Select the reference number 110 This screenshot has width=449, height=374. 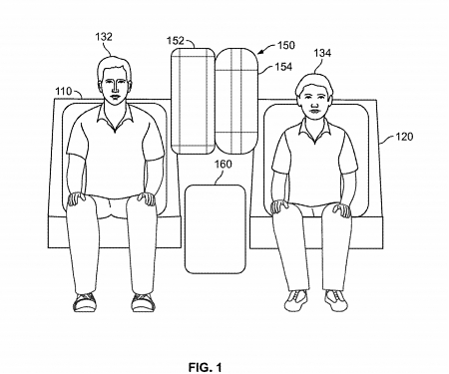(63, 91)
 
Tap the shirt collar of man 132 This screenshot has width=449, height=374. (116, 117)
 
